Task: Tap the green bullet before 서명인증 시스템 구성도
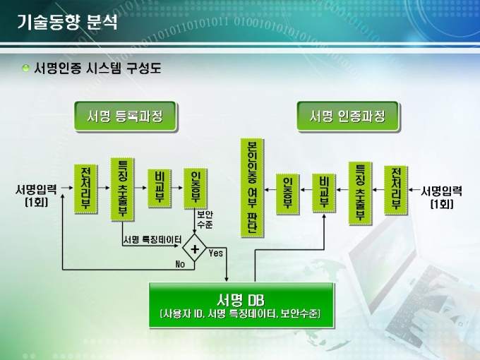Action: point(25,68)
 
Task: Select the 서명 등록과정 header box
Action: point(125,116)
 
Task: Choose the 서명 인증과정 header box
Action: point(348,116)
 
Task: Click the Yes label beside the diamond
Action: point(216,253)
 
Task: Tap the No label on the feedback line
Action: point(180,265)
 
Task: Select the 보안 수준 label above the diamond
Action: point(205,220)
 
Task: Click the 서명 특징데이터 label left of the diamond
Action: point(152,239)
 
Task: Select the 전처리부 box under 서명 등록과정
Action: point(85,188)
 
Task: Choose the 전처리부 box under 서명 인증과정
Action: point(395,188)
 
